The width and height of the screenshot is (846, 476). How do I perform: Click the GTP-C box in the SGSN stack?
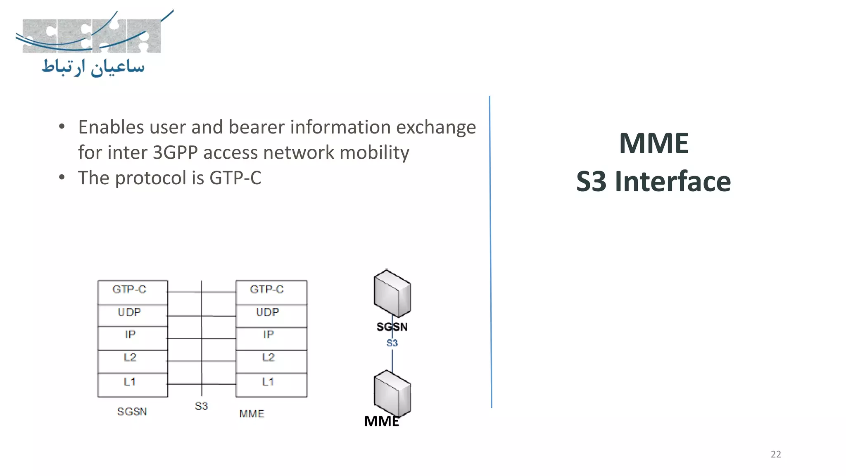133,292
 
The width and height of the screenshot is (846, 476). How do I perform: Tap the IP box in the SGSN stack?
133,338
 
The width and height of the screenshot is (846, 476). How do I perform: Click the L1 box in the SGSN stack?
133,385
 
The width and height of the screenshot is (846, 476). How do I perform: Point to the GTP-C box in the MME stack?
271,292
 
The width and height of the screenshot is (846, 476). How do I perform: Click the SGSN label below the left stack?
132,412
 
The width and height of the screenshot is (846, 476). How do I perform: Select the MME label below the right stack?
252,414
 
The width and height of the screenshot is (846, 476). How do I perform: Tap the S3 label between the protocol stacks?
201,406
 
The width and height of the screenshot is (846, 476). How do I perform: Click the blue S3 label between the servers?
392,343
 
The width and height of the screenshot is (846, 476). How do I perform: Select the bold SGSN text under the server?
392,327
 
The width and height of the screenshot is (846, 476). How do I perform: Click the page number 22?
776,454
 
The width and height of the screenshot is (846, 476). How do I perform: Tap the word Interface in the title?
673,181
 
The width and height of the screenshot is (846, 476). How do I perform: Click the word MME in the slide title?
654,143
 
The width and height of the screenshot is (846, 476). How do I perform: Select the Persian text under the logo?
93,67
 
